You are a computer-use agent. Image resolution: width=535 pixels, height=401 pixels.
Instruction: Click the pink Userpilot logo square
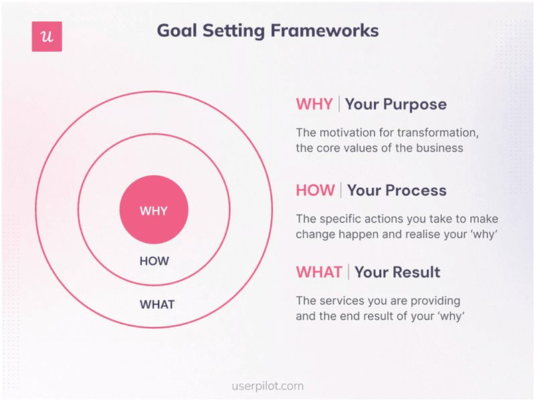pos(47,37)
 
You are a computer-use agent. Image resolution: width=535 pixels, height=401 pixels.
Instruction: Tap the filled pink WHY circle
pos(154,211)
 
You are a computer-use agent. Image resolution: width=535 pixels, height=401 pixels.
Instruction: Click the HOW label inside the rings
pos(154,261)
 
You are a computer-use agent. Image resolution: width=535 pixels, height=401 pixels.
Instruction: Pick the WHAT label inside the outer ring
pos(157,304)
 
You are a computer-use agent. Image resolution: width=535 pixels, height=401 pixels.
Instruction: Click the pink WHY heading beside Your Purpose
pos(314,104)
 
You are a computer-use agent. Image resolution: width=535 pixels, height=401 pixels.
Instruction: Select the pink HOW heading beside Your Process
pos(315,190)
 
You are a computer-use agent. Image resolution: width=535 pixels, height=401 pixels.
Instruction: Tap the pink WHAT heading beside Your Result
pos(319,272)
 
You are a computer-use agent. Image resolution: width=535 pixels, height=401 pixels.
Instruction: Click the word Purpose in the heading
pos(415,104)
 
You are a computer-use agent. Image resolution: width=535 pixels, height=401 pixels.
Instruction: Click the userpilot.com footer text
pos(267,386)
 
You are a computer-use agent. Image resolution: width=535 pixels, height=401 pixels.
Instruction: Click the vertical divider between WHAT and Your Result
pos(348,272)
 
